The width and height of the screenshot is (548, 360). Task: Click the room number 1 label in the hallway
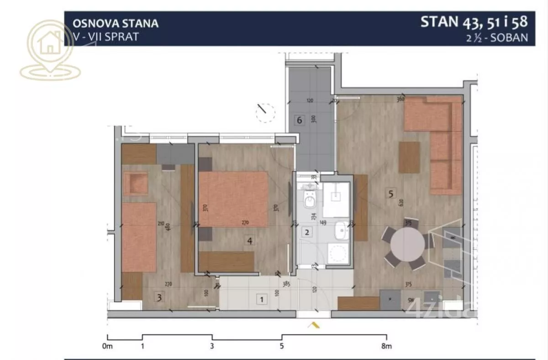coord(262,300)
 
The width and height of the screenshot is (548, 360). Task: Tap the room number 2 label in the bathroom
coord(307,232)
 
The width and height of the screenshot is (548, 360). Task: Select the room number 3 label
coord(159,297)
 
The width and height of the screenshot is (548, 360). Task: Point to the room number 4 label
coord(250,240)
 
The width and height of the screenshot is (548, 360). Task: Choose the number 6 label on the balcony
coord(300,120)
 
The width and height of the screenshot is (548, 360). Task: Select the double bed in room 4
coord(233,199)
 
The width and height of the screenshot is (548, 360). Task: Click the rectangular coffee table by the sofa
coord(409,157)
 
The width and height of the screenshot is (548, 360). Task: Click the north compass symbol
coord(265,112)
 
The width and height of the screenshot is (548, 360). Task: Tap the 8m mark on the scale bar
coord(386,345)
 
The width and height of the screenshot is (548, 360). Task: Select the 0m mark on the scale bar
coord(108,345)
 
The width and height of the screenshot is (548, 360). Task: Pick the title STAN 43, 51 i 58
coord(474,21)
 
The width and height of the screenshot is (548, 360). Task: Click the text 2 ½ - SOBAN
coord(497,38)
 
